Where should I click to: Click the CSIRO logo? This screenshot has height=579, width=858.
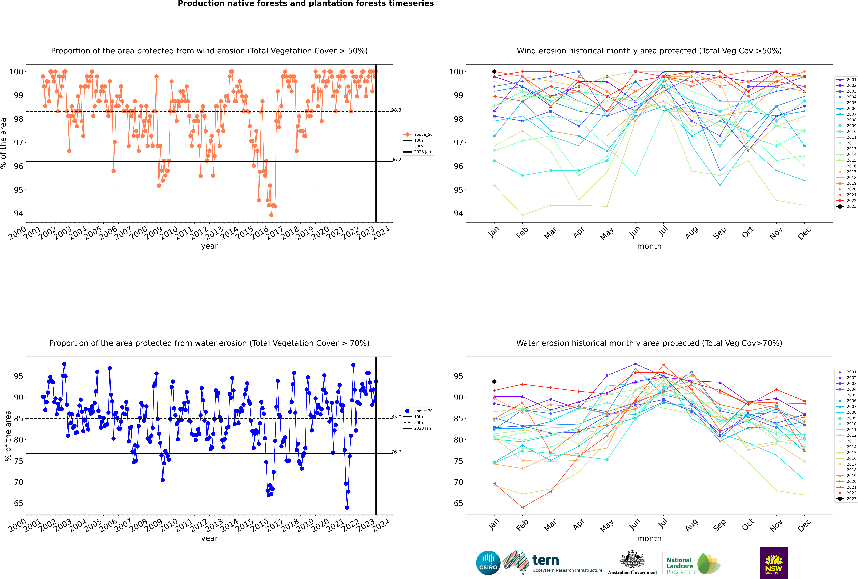tap(488, 563)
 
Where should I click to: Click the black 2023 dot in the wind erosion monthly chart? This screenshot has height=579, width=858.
tap(494, 72)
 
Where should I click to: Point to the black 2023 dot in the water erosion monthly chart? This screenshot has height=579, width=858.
tap(494, 381)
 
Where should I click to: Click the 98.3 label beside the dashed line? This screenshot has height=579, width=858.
tap(396, 110)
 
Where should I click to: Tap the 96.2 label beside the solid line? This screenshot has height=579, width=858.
tap(396, 160)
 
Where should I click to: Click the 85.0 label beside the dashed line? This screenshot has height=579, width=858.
tap(396, 417)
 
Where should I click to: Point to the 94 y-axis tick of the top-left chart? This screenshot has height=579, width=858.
tap(18, 213)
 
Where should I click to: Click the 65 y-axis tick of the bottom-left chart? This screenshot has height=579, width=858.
tap(18, 503)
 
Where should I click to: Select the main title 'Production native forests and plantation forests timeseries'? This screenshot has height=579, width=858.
tap(306, 4)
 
